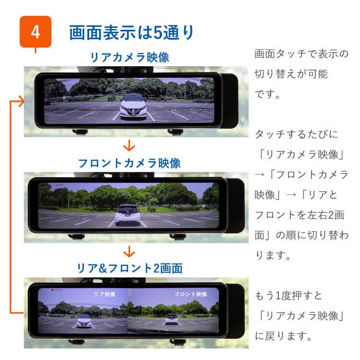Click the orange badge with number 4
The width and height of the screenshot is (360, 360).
[35, 32]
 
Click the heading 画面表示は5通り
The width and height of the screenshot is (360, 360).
[132, 33]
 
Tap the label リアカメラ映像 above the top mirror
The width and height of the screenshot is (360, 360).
[130, 57]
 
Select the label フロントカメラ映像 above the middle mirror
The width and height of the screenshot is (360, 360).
[129, 163]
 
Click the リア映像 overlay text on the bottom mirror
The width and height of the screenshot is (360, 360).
[104, 294]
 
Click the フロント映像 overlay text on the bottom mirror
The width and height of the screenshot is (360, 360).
[191, 294]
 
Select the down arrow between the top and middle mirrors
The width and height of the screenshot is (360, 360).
[129, 145]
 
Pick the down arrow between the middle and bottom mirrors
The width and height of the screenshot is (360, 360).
[129, 251]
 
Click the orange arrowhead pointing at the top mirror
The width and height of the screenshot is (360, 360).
[19, 101]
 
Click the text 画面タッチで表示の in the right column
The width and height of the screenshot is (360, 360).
[301, 53]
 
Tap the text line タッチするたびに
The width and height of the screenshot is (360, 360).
[296, 134]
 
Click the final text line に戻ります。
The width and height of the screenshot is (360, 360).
[284, 336]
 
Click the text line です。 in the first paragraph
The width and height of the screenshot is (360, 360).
[268, 94]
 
